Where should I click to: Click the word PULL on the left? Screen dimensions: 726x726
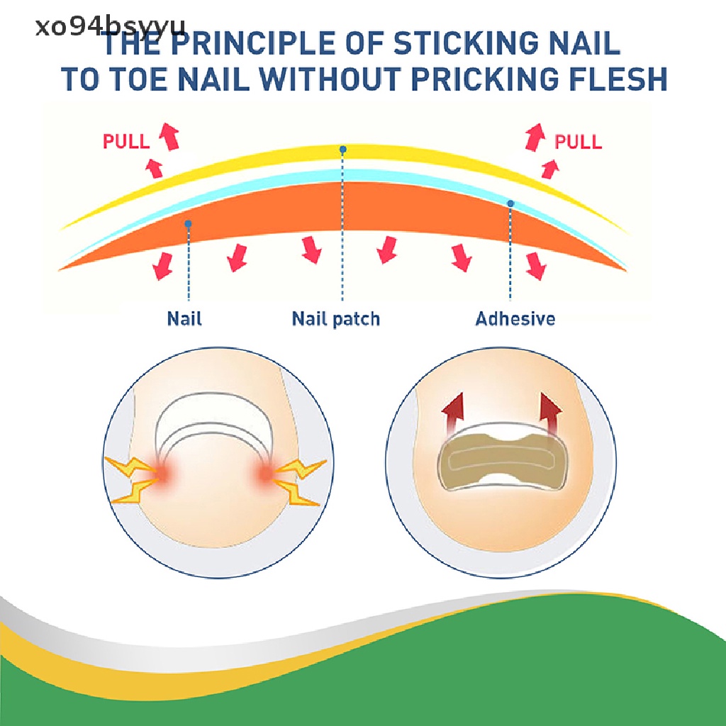pos(126,141)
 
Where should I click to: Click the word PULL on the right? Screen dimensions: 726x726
pos(578,142)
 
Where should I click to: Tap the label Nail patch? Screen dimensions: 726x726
pos(336,318)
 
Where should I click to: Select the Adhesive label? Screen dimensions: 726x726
pos(515,318)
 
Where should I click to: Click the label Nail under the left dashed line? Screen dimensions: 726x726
pos(184,318)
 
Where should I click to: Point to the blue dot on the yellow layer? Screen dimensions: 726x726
pos(342,150)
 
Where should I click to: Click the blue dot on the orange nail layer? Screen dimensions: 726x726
pos(188,224)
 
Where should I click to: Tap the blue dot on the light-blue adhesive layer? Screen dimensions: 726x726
pos(510,203)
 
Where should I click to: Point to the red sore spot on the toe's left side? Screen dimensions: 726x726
pos(164,474)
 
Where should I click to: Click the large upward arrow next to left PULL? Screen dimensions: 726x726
pos(169,135)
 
